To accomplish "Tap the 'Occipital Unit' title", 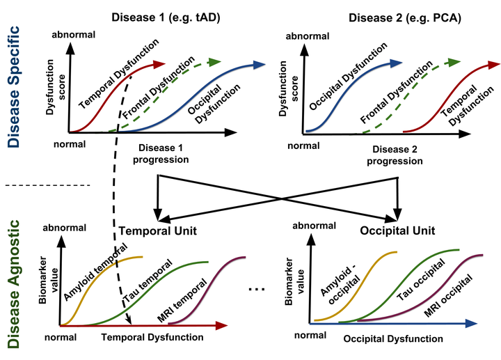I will (x=398, y=230).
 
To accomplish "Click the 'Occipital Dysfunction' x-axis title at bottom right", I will (x=392, y=339).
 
